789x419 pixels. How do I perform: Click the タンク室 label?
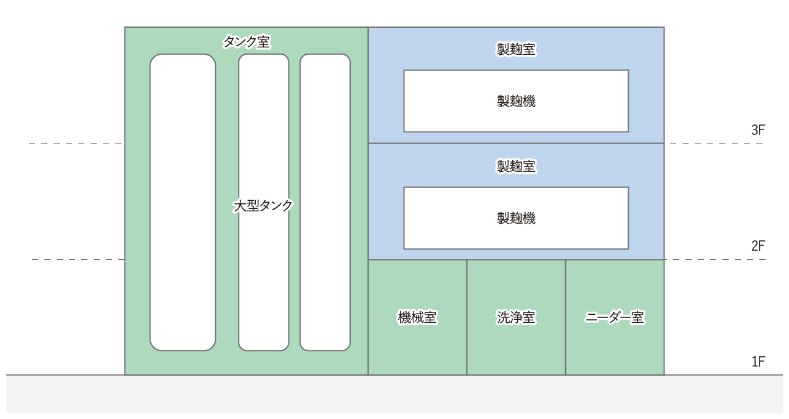click(x=247, y=42)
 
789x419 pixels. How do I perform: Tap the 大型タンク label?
click(x=263, y=206)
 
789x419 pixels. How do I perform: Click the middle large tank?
click(x=263, y=277)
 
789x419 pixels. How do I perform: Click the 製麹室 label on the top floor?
click(x=516, y=49)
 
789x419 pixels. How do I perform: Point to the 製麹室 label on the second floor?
click(x=516, y=166)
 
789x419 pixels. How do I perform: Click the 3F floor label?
click(x=758, y=130)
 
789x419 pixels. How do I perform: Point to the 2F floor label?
click(x=758, y=246)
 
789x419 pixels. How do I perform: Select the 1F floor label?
click(x=758, y=362)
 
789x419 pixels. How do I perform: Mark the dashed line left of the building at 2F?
click(x=78, y=259)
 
